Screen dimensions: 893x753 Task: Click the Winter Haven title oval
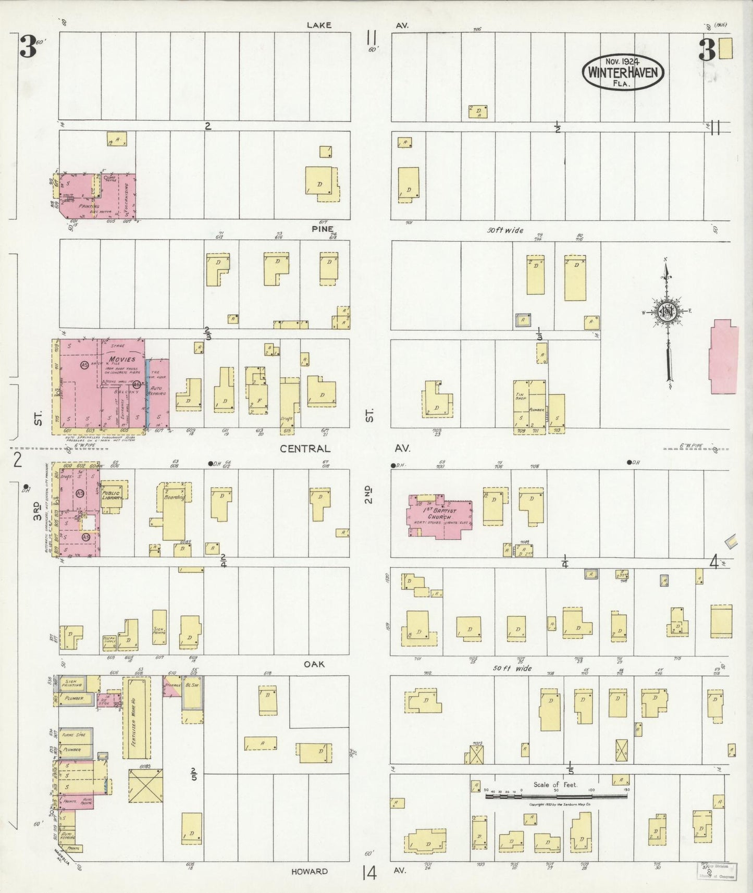623,72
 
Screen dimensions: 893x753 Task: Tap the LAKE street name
318,25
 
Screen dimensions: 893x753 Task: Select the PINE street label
323,229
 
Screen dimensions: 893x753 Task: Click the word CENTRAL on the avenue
305,449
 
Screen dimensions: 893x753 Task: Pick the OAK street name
314,664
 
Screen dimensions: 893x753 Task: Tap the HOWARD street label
310,871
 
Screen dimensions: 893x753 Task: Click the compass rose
666,313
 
